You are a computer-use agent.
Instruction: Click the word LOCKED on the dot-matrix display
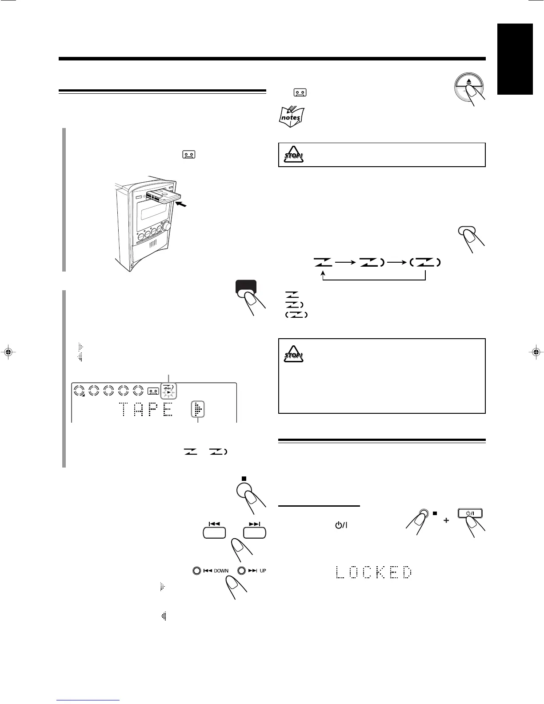tap(374, 572)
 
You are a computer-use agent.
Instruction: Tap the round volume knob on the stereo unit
tap(168, 226)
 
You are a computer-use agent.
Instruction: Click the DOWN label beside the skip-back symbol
tap(221, 571)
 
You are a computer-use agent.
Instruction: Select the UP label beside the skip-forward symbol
tap(263, 571)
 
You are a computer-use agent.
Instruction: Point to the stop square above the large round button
tap(243, 479)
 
